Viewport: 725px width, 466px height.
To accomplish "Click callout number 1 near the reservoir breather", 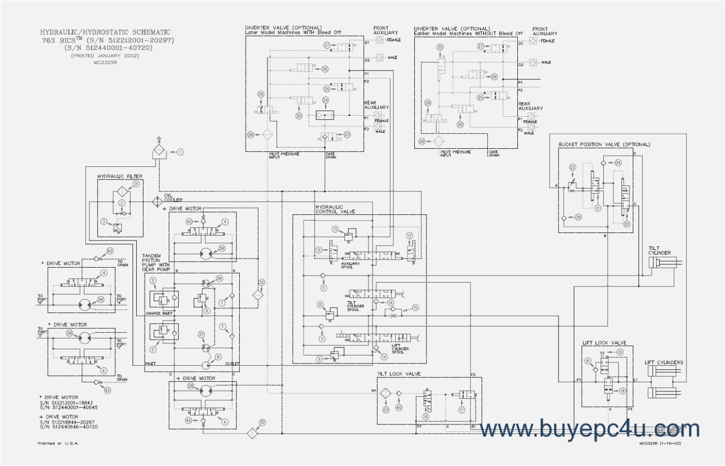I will pos(180,152).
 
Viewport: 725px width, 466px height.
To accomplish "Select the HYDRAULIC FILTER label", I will pos(120,175).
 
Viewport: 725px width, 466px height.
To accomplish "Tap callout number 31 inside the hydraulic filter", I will pos(136,184).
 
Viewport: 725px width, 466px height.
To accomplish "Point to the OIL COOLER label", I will pos(170,197).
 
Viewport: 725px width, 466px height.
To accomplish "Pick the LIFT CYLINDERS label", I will pos(664,363).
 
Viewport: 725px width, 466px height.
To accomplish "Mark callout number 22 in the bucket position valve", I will pos(573,167).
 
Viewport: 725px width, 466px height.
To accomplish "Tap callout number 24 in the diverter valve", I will pos(325,100).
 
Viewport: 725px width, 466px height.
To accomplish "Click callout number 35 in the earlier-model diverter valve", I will pos(440,47).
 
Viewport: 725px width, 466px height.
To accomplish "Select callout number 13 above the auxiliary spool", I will pos(335,229).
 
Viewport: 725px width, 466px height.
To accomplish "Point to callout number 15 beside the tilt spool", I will pos(415,307).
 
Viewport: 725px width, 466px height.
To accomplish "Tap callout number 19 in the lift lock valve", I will pos(619,352).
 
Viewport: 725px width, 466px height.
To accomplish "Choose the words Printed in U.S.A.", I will pos(58,443).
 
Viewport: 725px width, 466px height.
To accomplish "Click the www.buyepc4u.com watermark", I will pos(589,429).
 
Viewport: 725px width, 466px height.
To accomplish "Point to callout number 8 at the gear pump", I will pos(218,357).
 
